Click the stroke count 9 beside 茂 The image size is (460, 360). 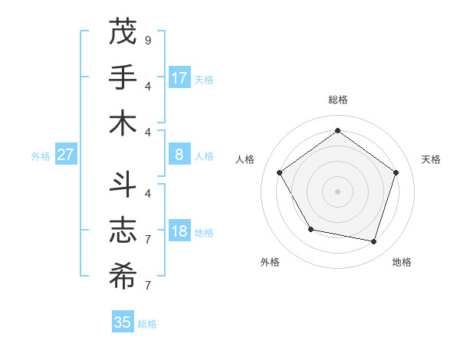tap(148, 40)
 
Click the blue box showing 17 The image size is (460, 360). tap(179, 77)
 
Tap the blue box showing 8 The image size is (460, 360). tap(179, 155)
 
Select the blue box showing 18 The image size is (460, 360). tap(179, 231)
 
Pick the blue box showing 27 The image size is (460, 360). tap(66, 155)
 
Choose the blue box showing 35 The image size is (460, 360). tap(123, 322)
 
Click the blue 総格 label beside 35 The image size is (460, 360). tap(147, 324)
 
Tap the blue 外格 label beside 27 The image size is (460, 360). tap(41, 156)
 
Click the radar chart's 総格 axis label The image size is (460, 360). tap(337, 100)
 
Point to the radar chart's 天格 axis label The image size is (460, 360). tap(431, 159)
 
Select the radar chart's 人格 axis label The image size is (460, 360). tap(245, 159)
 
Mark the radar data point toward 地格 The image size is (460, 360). tap(374, 241)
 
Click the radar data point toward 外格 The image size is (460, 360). tap(310, 229)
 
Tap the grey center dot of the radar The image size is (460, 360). tap(337, 191)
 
